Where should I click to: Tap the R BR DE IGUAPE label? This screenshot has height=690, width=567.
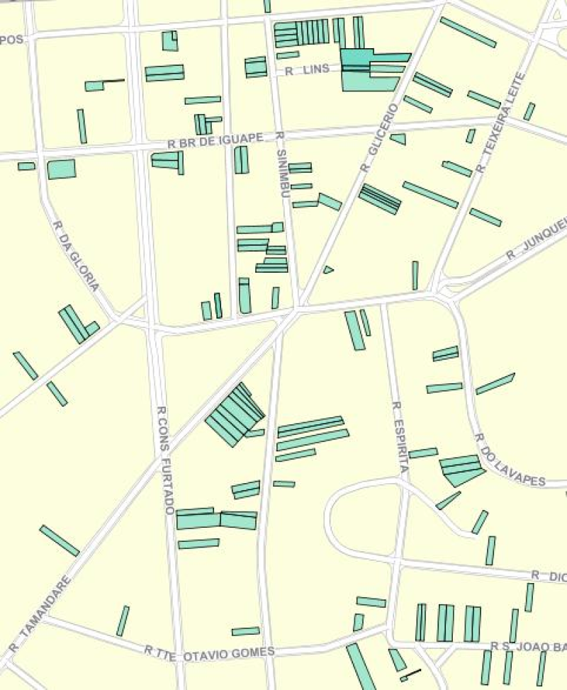215,140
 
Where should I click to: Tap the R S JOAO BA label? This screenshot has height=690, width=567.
528,646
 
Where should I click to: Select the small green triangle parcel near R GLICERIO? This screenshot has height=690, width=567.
327,270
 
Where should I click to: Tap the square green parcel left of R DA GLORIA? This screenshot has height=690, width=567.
61,169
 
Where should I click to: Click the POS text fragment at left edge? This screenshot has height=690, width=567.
12,40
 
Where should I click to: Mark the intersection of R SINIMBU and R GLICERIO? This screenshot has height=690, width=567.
298,307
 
